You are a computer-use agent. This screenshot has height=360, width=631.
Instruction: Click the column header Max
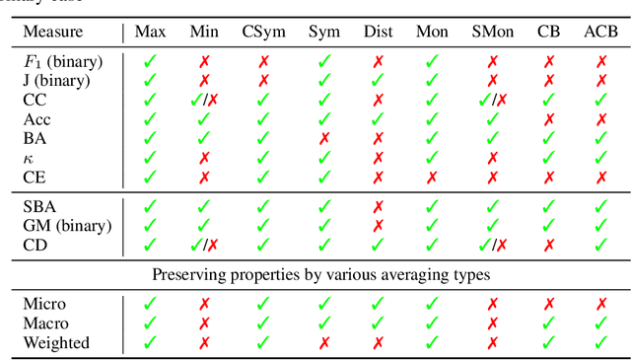tap(150, 32)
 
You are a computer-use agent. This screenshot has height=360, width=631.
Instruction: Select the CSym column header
tap(263, 32)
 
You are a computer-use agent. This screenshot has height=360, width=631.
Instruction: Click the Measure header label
tap(53, 32)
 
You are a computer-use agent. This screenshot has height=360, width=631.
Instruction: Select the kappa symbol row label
tap(28, 157)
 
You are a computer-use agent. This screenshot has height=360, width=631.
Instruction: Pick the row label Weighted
tap(56, 343)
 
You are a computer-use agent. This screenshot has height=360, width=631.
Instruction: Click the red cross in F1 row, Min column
tap(204, 61)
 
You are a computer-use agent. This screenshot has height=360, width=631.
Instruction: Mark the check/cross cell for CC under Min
tap(204, 100)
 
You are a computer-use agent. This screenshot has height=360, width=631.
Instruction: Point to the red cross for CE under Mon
tap(432, 177)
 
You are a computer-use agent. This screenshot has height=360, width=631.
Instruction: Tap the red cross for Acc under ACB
tap(599, 118)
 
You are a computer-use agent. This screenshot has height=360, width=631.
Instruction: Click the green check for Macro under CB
tap(549, 324)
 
